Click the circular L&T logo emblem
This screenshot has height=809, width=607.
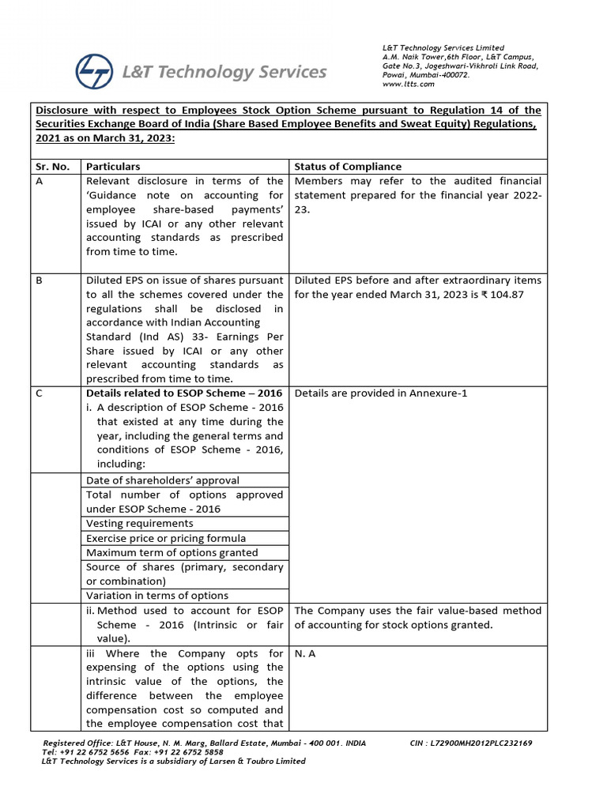pos(95,70)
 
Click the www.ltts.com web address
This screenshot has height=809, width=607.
pos(408,84)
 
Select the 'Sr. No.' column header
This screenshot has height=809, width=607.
pos(54,166)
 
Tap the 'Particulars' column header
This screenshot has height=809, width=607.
pos(113,166)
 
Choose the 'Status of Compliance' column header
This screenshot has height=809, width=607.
pos(348,166)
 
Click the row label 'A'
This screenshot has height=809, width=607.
pos(40,181)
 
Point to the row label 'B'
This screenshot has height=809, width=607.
pos(40,280)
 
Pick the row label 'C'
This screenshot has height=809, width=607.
pos(40,393)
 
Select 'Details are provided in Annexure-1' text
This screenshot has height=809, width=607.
pos(386,393)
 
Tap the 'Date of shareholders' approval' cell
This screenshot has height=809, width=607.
pos(163,480)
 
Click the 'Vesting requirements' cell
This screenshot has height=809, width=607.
pos(139,523)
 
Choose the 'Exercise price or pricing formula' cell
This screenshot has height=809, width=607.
pos(165,538)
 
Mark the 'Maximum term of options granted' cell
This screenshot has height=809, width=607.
pos(172,552)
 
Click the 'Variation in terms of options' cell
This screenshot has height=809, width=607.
pos(157,596)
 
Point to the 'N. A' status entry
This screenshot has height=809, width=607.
pos(304,653)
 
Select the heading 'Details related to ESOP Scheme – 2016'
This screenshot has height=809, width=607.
pos(183,393)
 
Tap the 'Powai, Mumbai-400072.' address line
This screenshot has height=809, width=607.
pos(426,75)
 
